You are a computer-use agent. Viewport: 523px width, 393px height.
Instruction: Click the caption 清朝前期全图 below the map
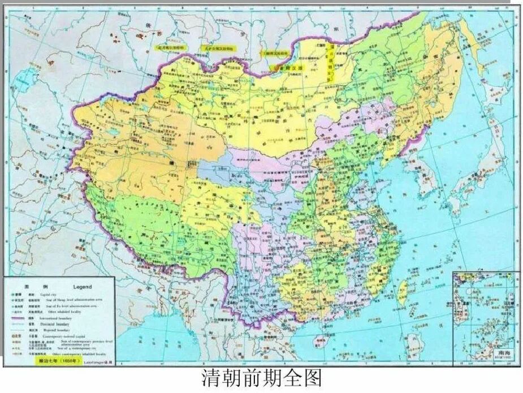[x=261, y=378]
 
